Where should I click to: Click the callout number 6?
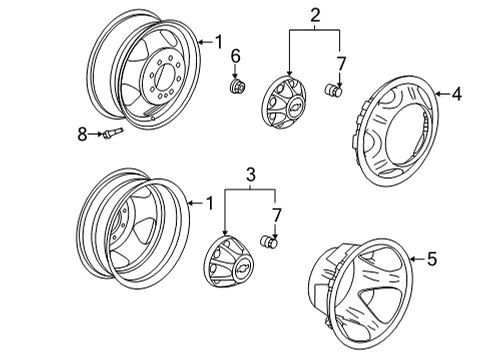tap(235, 56)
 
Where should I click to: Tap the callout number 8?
tap(82, 134)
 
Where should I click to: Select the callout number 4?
tap(457, 94)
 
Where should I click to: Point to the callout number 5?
tap(432, 259)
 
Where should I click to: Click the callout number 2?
tap(315, 15)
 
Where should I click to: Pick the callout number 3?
tap(251, 174)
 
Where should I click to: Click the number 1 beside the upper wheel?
tap(218, 42)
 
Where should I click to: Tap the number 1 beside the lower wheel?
tap(210, 203)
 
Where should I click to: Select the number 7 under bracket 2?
tap(341, 64)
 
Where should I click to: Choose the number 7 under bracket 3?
tap(277, 215)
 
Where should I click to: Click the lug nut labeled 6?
tap(237, 86)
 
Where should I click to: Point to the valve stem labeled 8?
tap(113, 133)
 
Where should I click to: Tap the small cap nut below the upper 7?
tap(334, 90)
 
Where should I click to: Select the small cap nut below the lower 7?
tap(269, 242)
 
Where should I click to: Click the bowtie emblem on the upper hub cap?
tap(294, 106)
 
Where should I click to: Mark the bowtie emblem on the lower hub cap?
tap(242, 266)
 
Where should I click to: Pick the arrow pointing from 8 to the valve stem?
tap(96, 134)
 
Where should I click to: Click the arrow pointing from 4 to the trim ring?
tap(443, 94)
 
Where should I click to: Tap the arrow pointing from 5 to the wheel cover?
tap(418, 259)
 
